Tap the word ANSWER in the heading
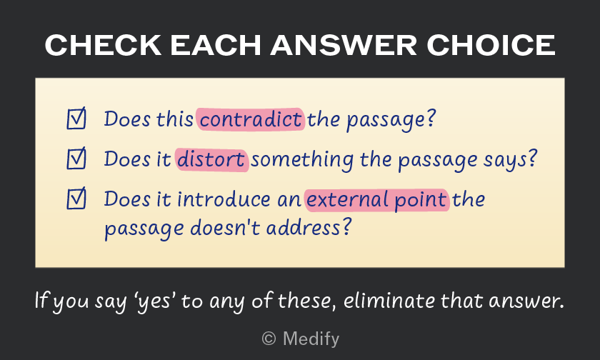(x=344, y=45)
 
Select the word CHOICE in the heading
(x=491, y=45)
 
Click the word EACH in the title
(x=216, y=45)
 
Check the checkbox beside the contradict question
(x=76, y=119)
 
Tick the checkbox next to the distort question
(x=76, y=159)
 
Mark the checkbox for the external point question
(x=76, y=199)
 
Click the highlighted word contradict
(x=251, y=119)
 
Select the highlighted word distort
(x=211, y=160)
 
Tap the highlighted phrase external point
(x=376, y=200)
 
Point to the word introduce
(x=224, y=199)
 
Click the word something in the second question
(x=302, y=160)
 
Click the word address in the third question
(x=303, y=228)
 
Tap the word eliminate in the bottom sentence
(x=389, y=300)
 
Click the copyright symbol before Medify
(x=269, y=339)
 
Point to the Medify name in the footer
(x=311, y=339)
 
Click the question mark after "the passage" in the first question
(x=431, y=119)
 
